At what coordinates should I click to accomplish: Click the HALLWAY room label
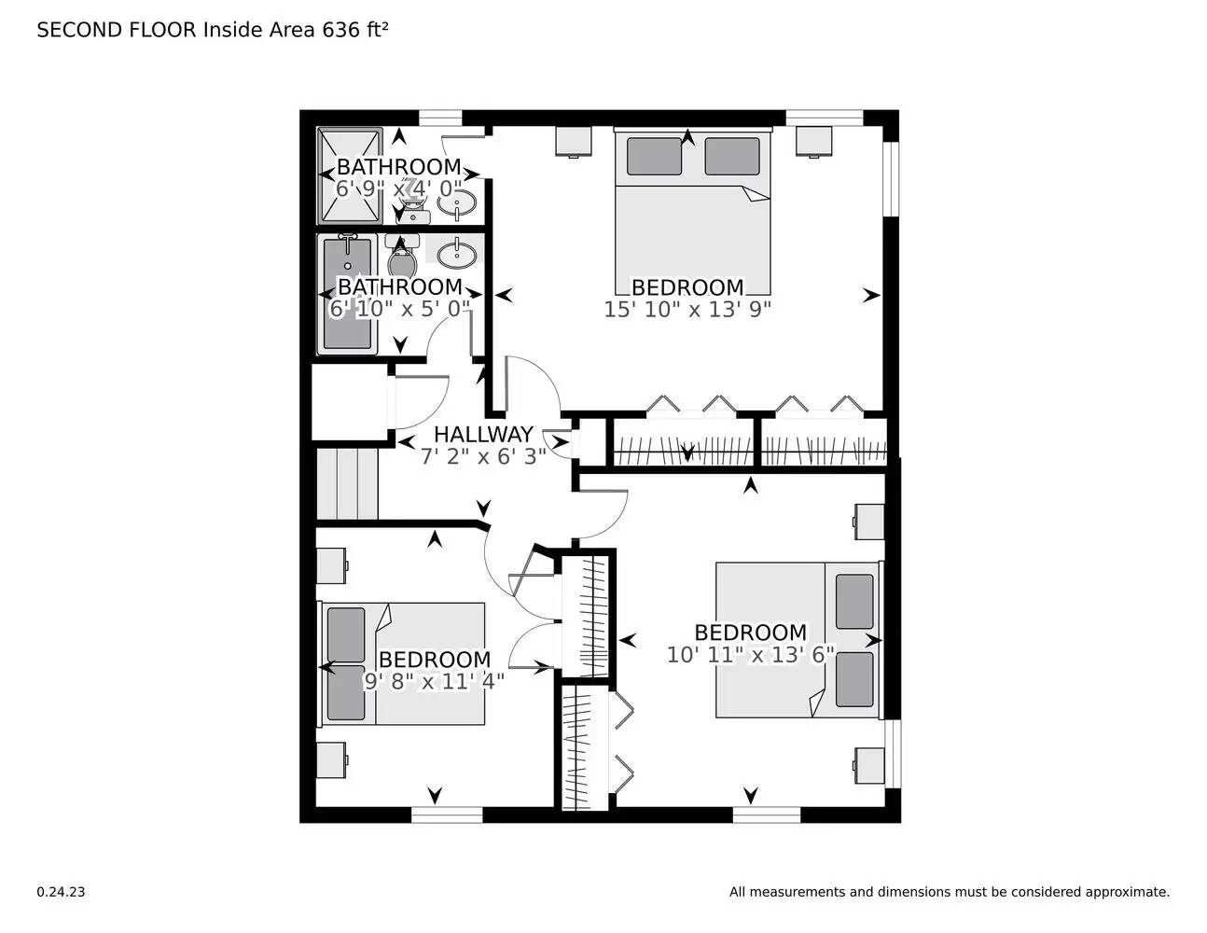(x=483, y=434)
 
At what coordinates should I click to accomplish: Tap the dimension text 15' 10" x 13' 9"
(x=687, y=309)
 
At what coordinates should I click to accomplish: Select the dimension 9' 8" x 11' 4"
(x=434, y=681)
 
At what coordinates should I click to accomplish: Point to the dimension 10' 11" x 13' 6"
(x=750, y=655)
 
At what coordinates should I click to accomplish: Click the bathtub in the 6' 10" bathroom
(x=347, y=293)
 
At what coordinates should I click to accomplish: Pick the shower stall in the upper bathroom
(x=350, y=174)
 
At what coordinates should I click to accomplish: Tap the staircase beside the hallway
(x=347, y=483)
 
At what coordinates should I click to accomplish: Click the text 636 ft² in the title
(x=354, y=30)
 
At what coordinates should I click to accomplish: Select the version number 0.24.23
(x=61, y=892)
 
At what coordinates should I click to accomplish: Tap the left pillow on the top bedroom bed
(x=654, y=156)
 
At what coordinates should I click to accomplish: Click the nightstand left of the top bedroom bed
(x=574, y=141)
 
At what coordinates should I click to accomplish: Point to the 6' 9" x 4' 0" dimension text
(x=398, y=189)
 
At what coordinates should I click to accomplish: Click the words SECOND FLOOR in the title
(x=117, y=30)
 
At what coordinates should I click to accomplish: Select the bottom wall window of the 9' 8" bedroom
(x=446, y=815)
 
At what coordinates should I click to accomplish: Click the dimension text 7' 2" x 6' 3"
(x=483, y=456)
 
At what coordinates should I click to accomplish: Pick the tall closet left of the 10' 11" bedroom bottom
(x=584, y=748)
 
